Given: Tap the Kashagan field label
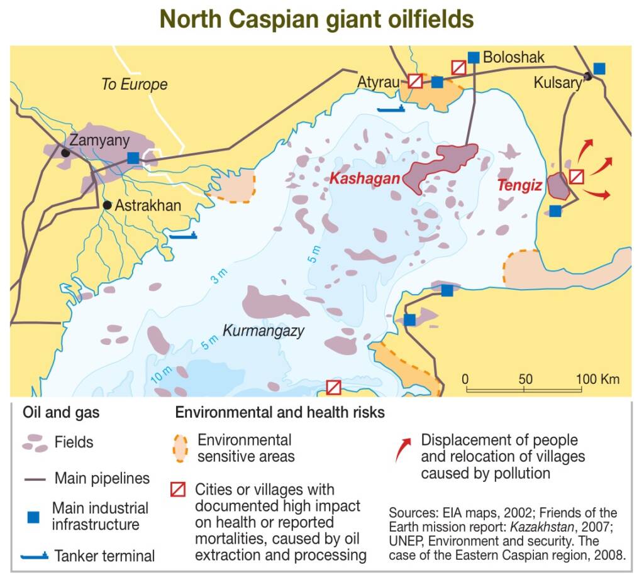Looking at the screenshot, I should click(365, 178).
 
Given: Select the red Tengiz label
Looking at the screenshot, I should click(519, 186).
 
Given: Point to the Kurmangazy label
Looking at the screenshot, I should click(264, 331).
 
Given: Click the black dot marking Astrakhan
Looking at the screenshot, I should click(107, 205).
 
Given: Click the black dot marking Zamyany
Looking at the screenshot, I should click(65, 153).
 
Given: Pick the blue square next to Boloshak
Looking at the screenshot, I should click(474, 57).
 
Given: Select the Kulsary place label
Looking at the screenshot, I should click(557, 82).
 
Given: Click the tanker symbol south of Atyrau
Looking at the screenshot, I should click(391, 109).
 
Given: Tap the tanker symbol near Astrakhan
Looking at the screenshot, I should click(183, 236).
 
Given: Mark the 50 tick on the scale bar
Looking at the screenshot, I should click(525, 379).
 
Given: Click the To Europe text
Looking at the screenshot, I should click(135, 84).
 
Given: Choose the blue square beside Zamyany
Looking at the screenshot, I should click(133, 158).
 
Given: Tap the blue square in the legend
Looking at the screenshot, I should click(33, 517).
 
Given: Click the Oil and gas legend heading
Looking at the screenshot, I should click(61, 413).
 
